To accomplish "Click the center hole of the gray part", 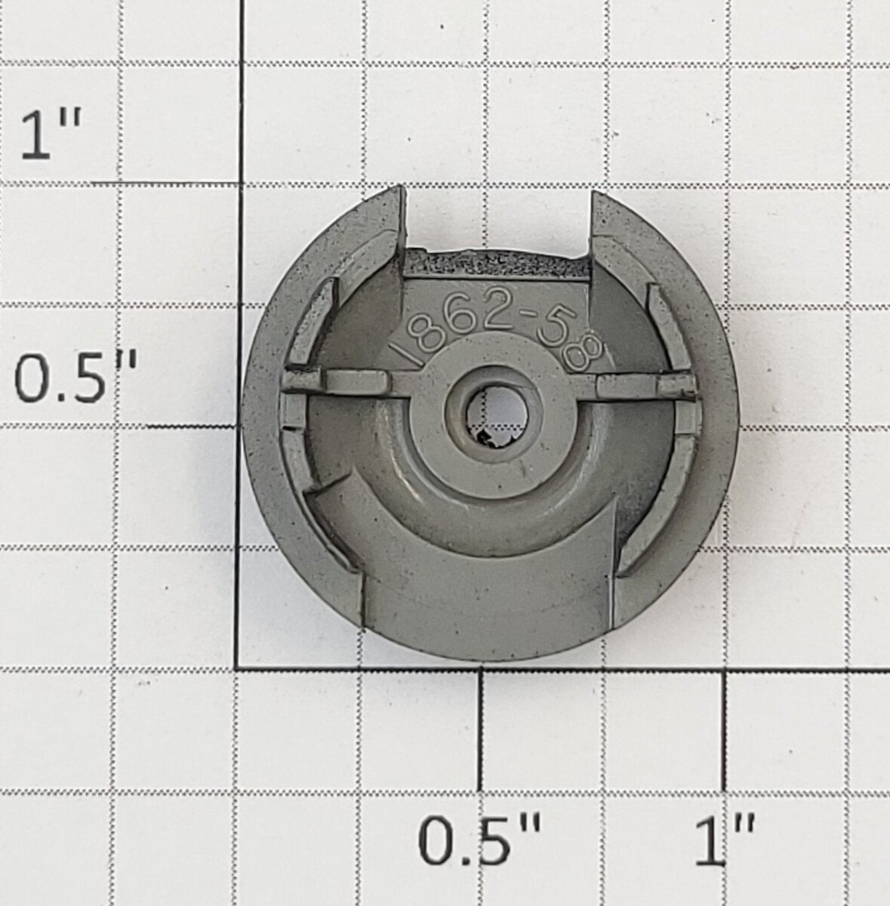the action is coord(497,415).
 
